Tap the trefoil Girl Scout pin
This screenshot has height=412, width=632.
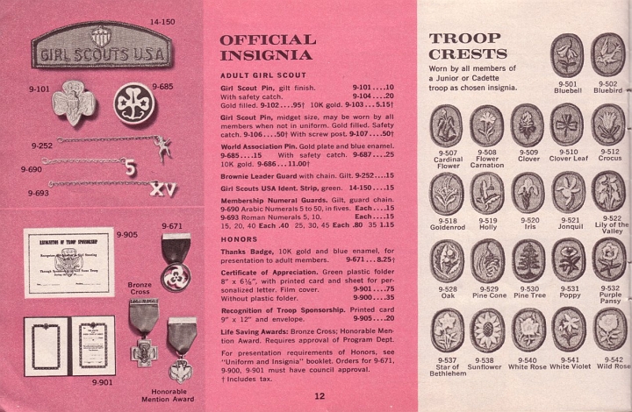pyautogui.click(x=74, y=103)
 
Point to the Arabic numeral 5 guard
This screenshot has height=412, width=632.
pyautogui.click(x=130, y=167)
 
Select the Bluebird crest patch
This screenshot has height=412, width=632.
pyautogui.click(x=607, y=53)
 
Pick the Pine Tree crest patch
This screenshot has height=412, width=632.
pyautogui.click(x=528, y=260)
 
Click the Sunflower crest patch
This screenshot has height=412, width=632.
pyautogui.click(x=486, y=330)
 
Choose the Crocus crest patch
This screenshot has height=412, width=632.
pyautogui.click(x=608, y=124)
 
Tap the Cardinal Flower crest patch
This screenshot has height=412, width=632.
pyautogui.click(x=446, y=125)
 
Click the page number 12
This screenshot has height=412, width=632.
pyautogui.click(x=319, y=396)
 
